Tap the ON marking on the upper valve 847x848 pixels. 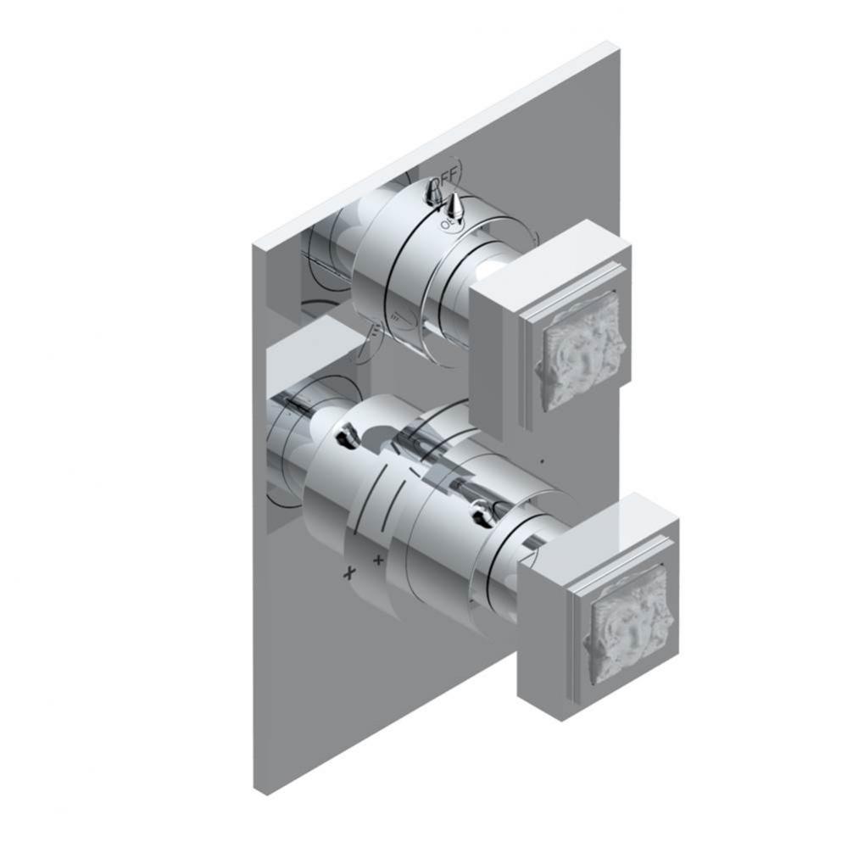coord(447,225)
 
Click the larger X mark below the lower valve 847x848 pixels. coord(348,573)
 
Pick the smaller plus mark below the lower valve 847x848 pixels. coord(378,561)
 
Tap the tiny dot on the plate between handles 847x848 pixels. coord(541,463)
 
